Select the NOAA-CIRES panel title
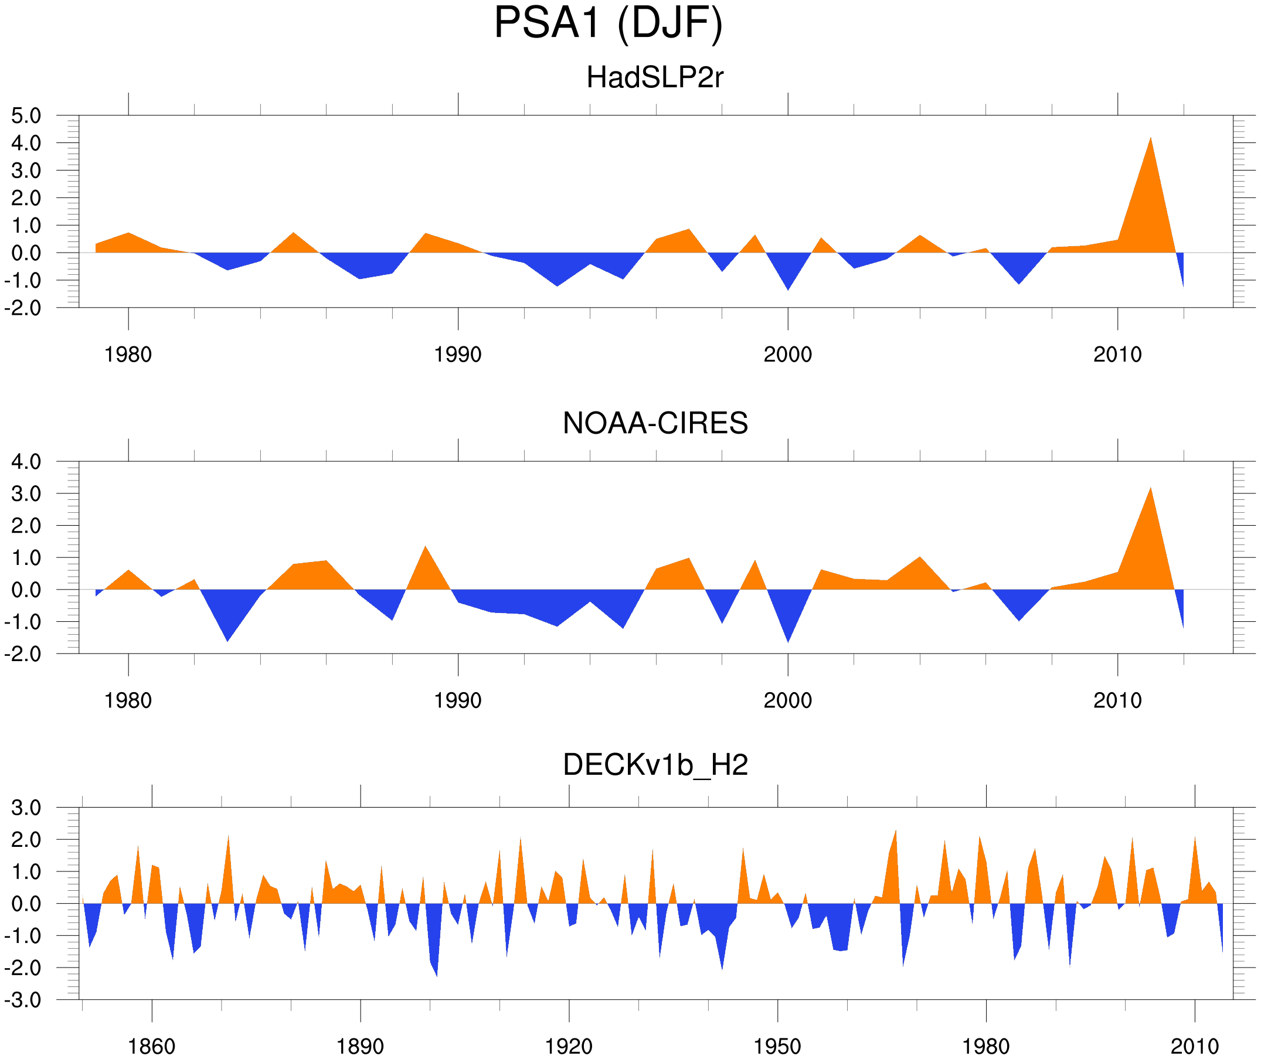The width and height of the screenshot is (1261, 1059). point(655,423)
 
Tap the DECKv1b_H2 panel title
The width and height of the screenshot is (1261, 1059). point(655,765)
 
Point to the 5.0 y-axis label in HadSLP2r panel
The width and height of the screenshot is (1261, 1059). point(26,116)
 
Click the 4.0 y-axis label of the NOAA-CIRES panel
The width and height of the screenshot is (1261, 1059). point(26,462)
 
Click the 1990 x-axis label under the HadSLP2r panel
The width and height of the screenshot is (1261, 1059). point(458,355)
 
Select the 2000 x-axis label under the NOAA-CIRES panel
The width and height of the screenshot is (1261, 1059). point(787,700)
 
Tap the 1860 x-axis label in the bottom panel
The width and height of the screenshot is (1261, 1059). point(151,1046)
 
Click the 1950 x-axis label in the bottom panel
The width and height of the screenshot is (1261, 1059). point(777,1046)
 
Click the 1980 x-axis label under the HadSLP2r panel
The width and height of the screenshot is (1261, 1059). point(128,355)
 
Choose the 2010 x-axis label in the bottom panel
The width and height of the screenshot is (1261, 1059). point(1194,1046)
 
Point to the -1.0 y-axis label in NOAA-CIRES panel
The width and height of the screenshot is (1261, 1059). point(23,622)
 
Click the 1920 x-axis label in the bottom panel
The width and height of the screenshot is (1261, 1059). point(568,1046)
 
